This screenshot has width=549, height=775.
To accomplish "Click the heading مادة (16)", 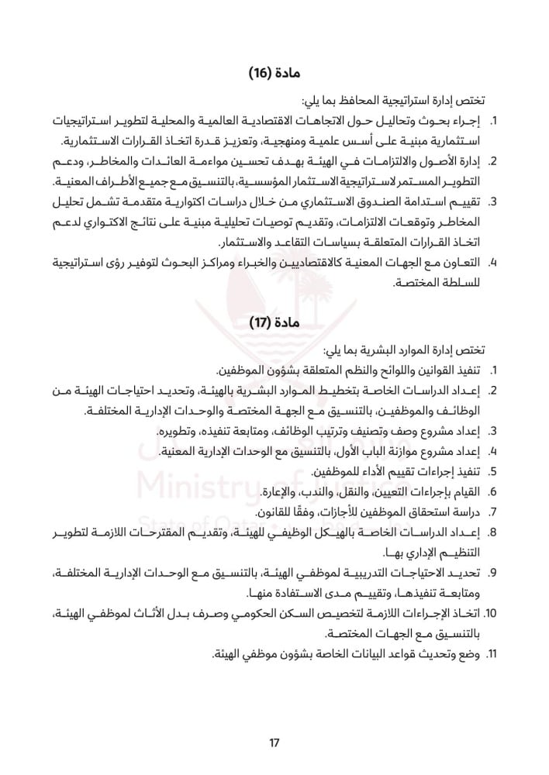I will point(274,74).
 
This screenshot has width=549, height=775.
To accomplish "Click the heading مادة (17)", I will point(274,321).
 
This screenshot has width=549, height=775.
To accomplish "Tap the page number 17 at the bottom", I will point(274,743).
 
